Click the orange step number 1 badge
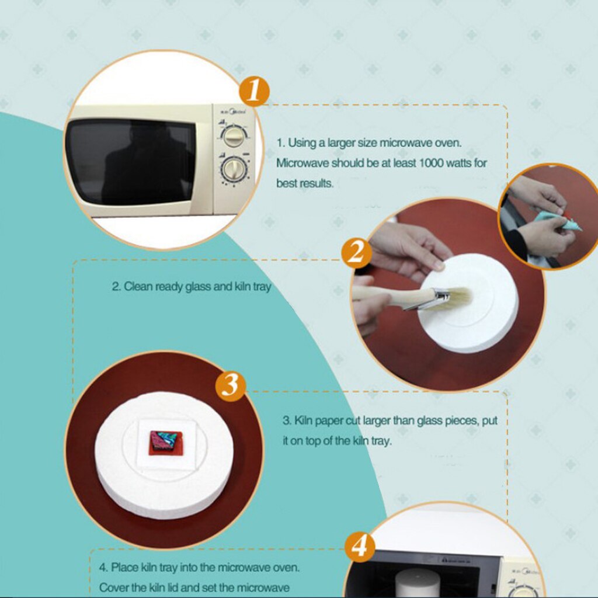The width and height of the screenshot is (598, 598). [254, 91]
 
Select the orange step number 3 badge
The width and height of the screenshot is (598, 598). [231, 385]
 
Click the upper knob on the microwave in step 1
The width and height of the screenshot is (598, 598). [234, 137]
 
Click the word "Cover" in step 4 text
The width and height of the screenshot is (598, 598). [114, 586]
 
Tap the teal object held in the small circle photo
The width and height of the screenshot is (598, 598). [555, 221]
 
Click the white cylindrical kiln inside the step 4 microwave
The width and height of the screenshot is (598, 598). [417, 582]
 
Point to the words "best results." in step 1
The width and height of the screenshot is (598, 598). [305, 183]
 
